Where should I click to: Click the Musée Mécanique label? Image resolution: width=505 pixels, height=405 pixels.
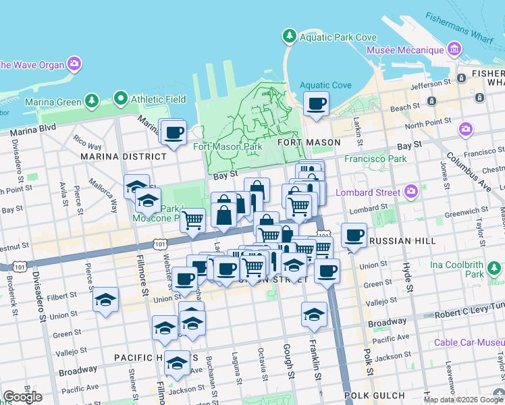pos(405,50)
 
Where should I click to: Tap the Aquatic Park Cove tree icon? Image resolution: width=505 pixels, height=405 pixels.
pos(289,35)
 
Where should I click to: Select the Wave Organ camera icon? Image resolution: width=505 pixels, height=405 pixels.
pos(74,65)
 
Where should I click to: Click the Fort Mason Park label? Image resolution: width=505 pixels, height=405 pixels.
pos(228,146)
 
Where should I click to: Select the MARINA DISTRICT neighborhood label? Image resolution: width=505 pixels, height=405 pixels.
pos(123,156)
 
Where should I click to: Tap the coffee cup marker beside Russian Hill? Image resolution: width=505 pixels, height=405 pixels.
pos(354,236)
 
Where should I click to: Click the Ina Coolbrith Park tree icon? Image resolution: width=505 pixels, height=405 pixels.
pos(495,269)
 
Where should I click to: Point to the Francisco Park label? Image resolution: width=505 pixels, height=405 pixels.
pos(375,159)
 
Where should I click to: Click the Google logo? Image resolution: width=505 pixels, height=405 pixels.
pos(22,397)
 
